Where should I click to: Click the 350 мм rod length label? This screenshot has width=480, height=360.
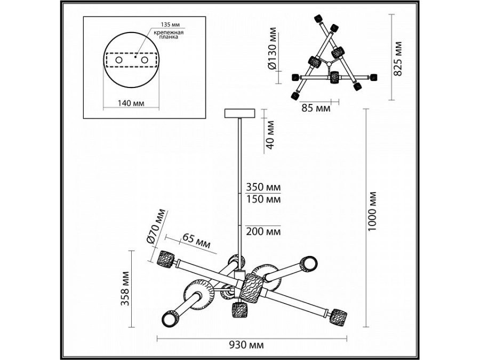click(x=262, y=188)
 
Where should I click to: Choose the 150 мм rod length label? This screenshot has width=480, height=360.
click(x=262, y=200)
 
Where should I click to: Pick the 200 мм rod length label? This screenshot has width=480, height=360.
click(x=262, y=231)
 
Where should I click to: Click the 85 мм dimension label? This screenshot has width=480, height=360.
click(x=313, y=108)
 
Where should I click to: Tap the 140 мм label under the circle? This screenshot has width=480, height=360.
click(x=131, y=102)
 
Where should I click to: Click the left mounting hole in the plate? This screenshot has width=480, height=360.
click(x=118, y=61)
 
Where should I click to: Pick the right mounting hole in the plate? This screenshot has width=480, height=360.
click(x=144, y=61)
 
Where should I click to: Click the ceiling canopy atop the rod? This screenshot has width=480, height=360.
click(x=241, y=113)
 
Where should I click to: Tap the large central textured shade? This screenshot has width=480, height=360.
click(x=250, y=288)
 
